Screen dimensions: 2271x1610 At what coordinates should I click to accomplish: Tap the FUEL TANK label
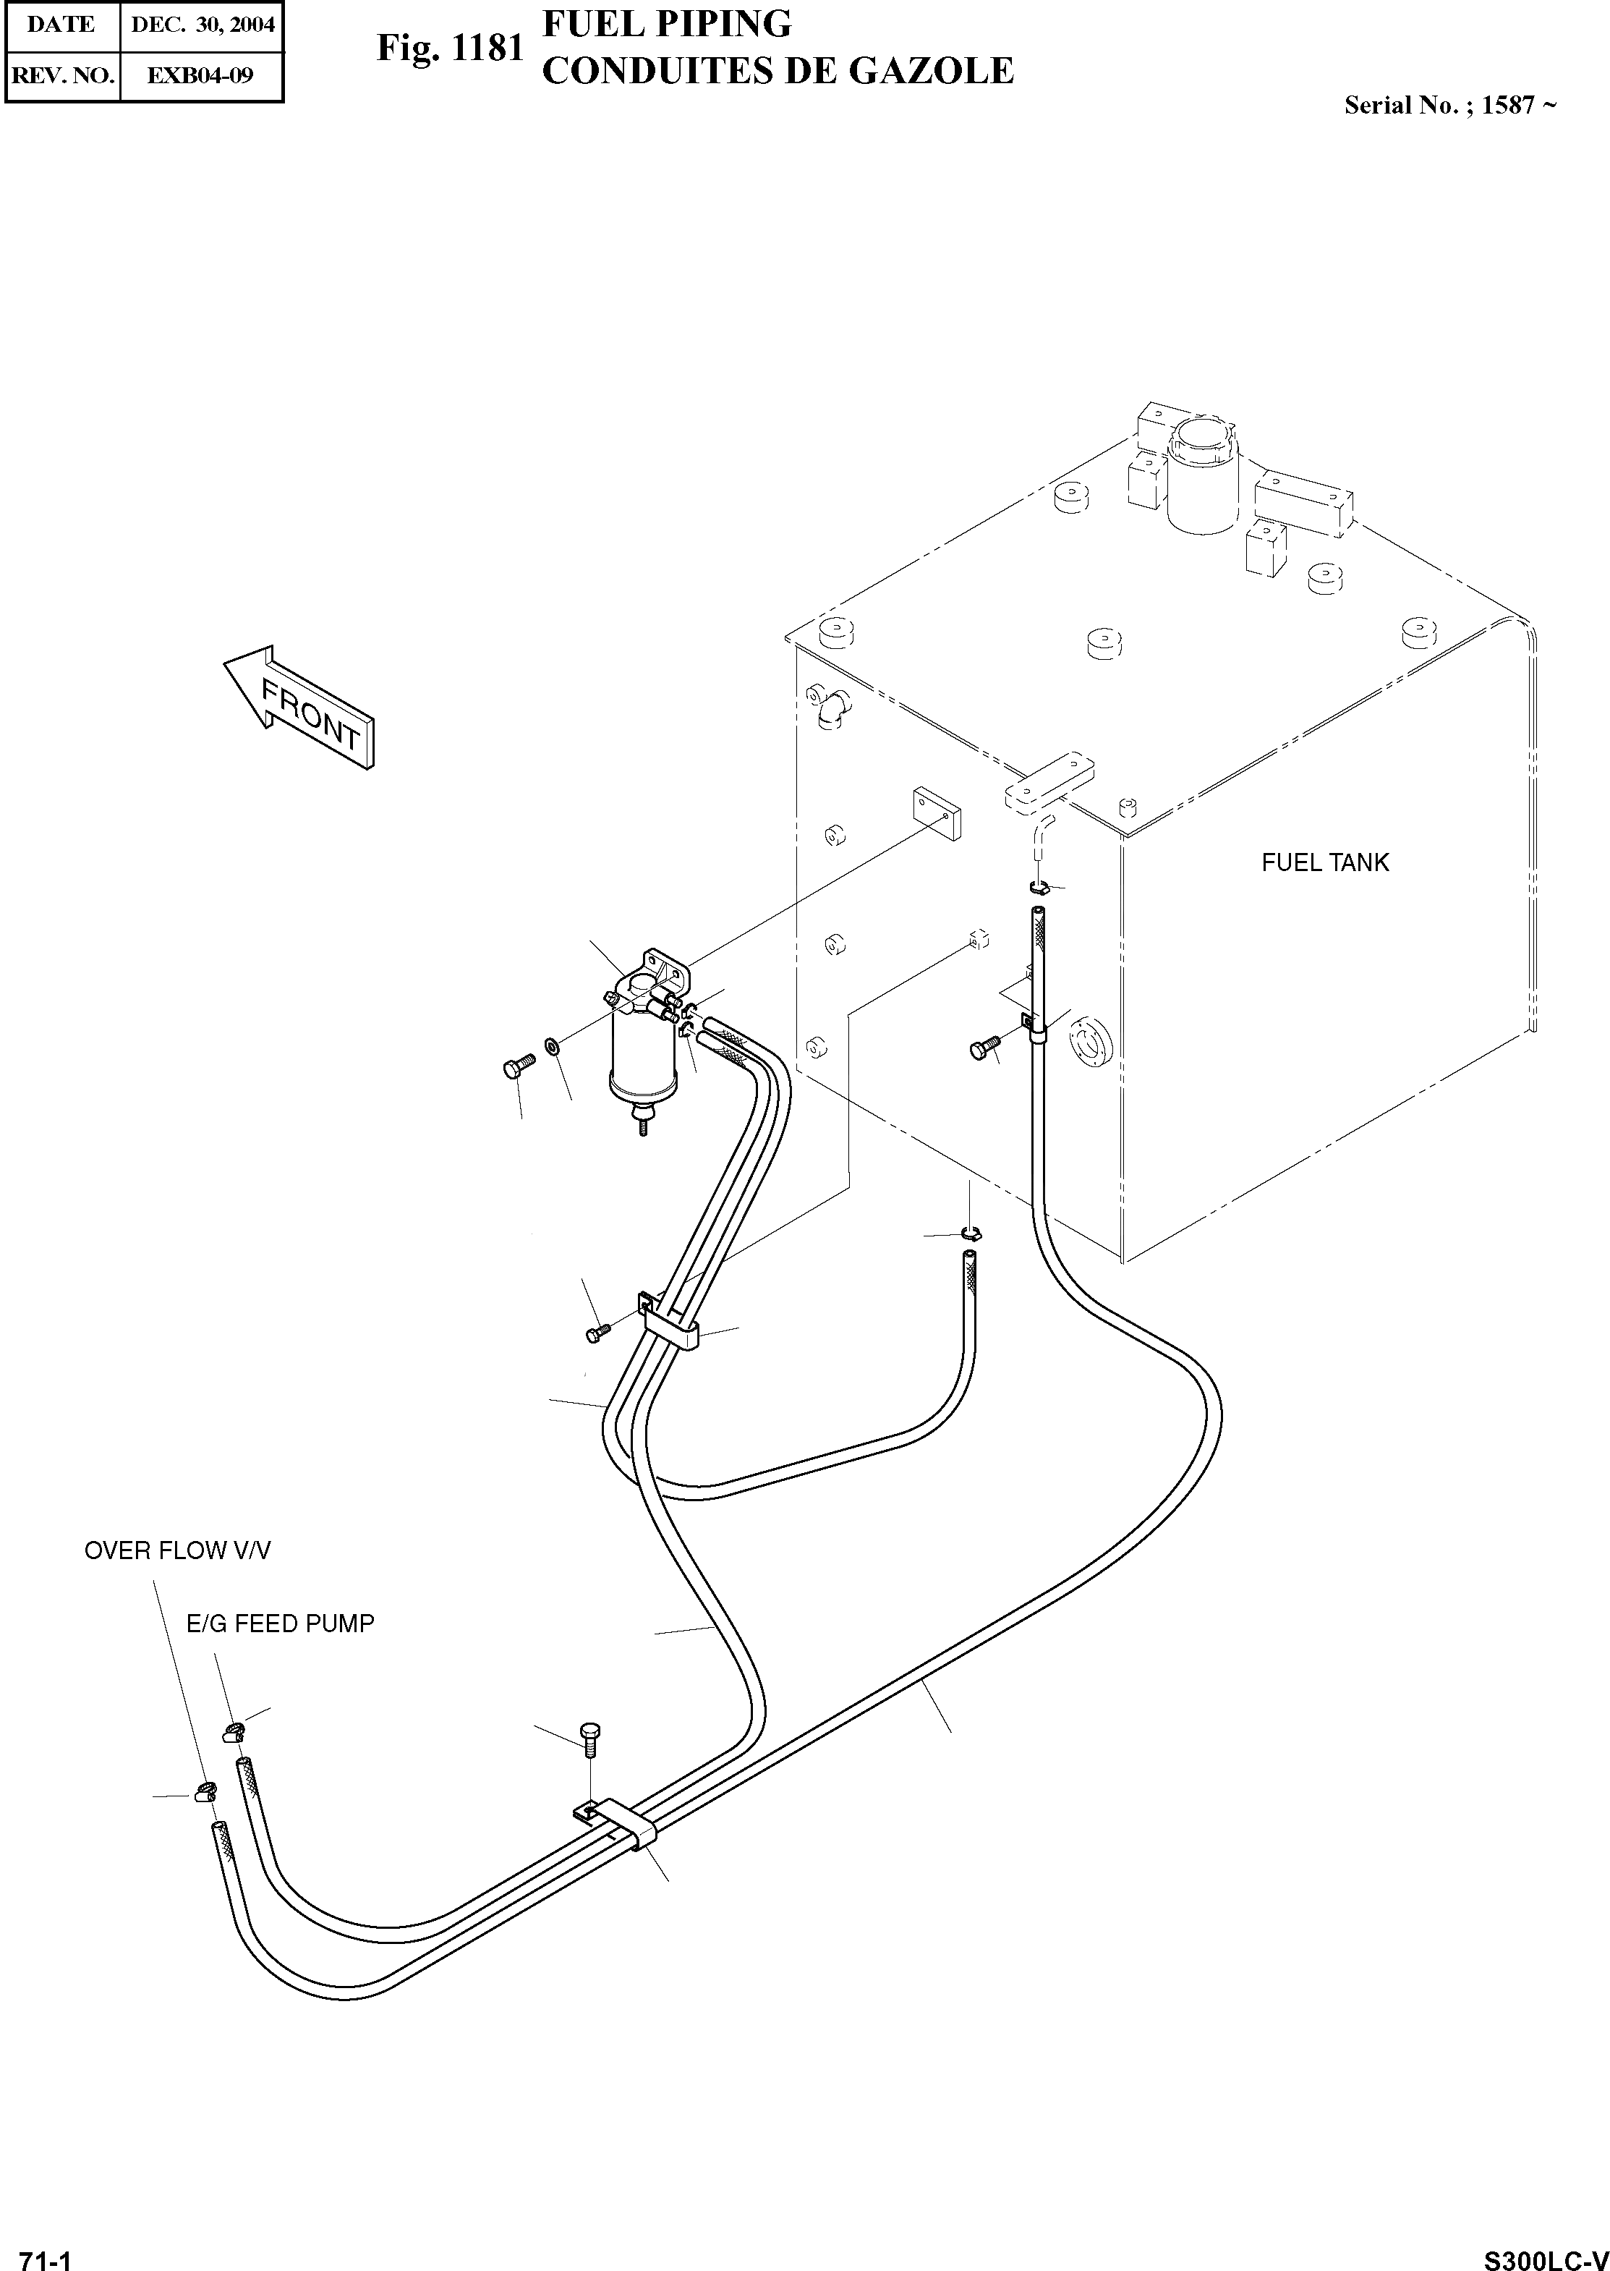[1324, 863]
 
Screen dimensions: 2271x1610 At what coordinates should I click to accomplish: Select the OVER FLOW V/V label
[176, 1550]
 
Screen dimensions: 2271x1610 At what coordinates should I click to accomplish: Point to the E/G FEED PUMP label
[281, 1623]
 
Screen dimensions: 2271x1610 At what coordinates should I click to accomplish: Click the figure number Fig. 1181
[448, 48]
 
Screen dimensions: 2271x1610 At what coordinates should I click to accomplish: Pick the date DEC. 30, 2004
[203, 25]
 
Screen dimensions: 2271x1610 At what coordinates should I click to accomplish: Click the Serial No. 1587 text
[1449, 105]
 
